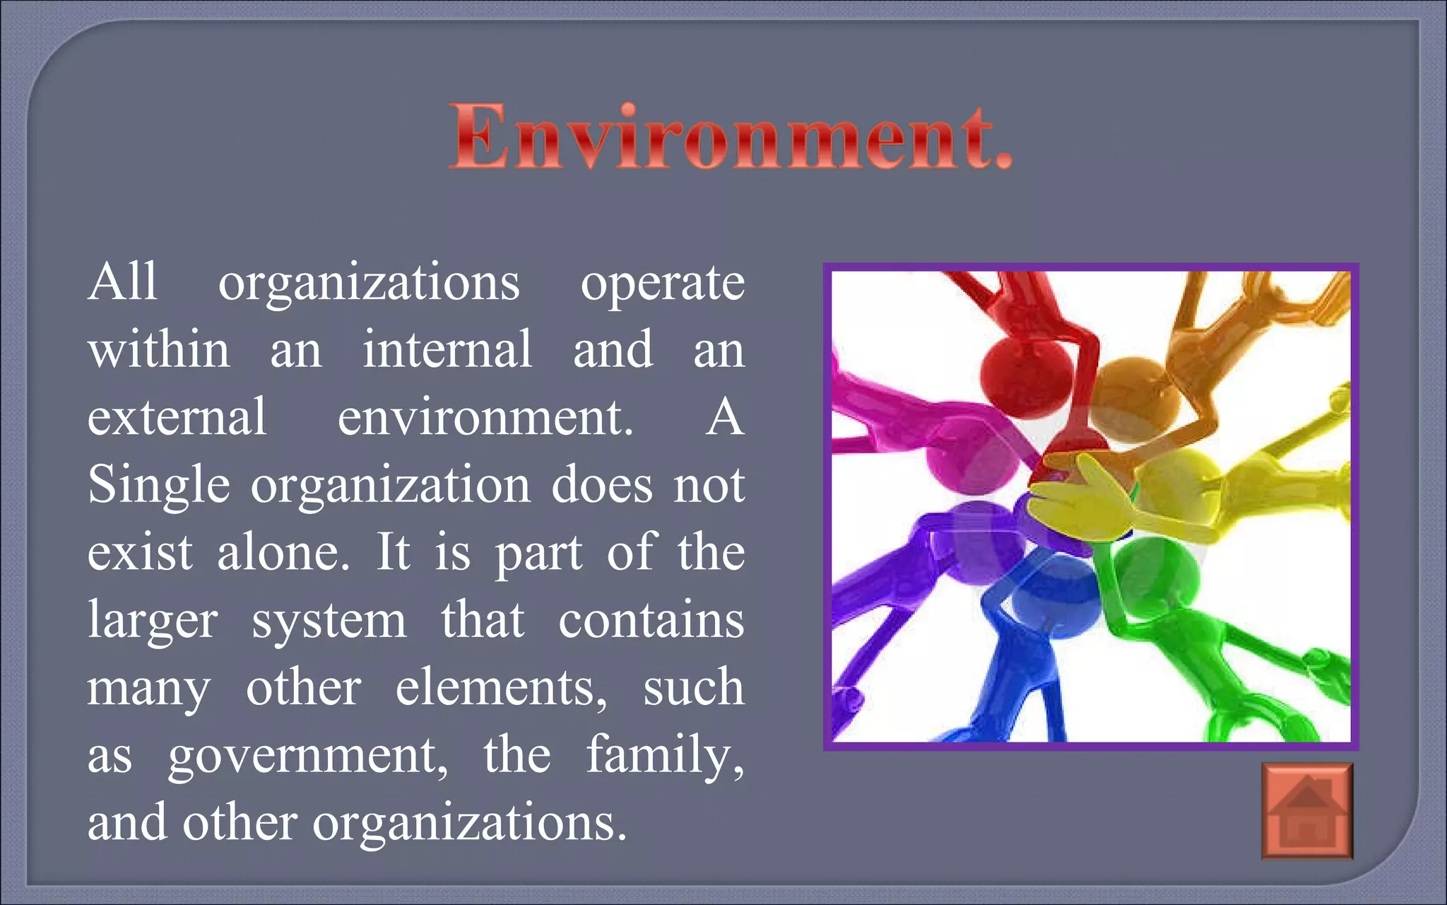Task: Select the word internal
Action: pos(447,349)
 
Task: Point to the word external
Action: pos(177,417)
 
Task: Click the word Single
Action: pos(159,486)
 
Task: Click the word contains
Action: pos(651,620)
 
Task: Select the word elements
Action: pos(500,688)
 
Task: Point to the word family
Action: pos(665,755)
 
